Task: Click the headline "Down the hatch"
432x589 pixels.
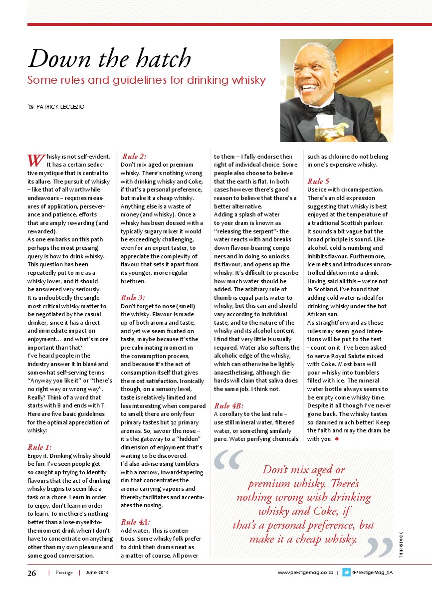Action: click(x=110, y=59)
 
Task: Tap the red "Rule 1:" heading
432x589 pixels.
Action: click(x=39, y=447)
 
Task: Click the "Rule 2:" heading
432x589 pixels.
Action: click(x=134, y=156)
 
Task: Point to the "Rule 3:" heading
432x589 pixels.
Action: click(x=133, y=297)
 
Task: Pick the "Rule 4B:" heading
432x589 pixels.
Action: click(x=228, y=405)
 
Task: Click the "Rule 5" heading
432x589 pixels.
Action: click(x=318, y=181)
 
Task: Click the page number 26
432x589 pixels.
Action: click(x=32, y=573)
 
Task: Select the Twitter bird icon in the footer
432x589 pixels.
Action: click(x=346, y=573)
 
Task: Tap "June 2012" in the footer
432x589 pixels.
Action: click(x=97, y=573)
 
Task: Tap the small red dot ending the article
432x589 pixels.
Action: click(x=337, y=439)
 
